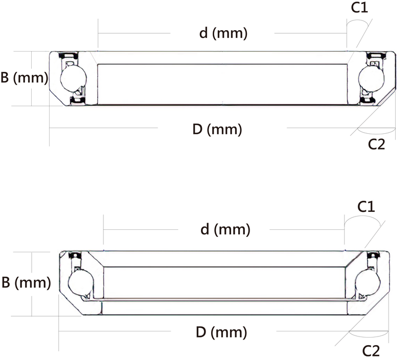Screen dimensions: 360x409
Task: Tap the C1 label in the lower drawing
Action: pos(366,207)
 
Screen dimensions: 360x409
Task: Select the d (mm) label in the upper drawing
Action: pos(223,34)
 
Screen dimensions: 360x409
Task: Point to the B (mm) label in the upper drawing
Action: pos(24,79)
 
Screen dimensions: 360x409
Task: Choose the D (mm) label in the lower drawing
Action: pos(221,333)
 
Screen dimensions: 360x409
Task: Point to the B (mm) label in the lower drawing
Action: pos(26,282)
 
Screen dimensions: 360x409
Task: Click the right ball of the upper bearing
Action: pos(370,78)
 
